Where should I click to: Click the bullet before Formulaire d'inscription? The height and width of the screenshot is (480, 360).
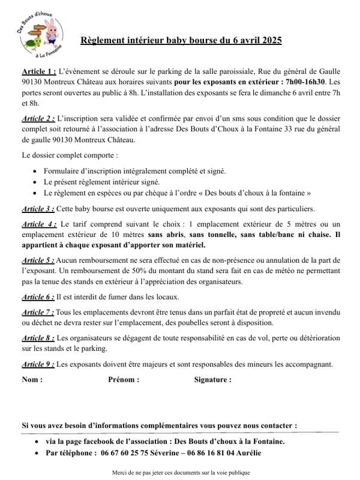[37, 172]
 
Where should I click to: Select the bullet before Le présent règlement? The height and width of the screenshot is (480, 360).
[37, 182]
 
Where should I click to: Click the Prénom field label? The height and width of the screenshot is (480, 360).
[124, 379]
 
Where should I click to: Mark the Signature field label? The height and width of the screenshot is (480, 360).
[212, 379]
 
